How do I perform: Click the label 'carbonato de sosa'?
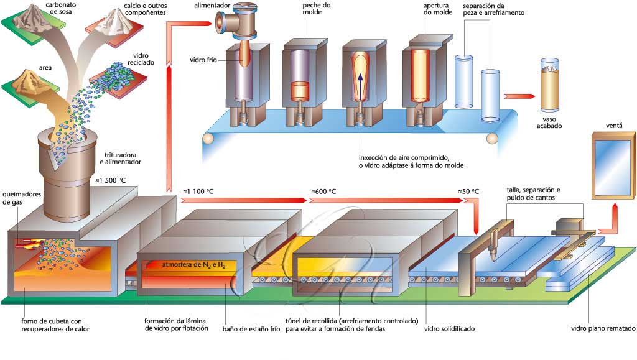click(x=60, y=8)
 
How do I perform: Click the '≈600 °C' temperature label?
click(x=323, y=191)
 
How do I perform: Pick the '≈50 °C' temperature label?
click(x=468, y=191)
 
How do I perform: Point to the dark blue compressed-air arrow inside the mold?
click(x=360, y=86)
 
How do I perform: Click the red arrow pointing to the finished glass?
click(x=519, y=96)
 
